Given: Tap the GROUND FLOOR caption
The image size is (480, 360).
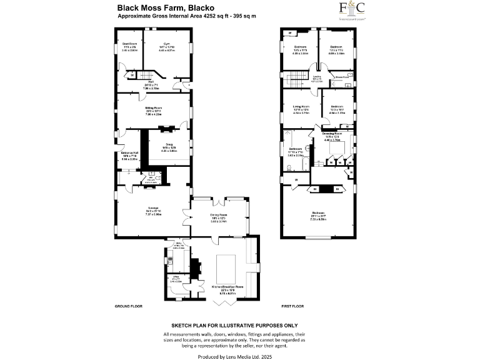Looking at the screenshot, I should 129,307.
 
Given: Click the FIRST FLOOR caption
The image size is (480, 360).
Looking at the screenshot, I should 292,307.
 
